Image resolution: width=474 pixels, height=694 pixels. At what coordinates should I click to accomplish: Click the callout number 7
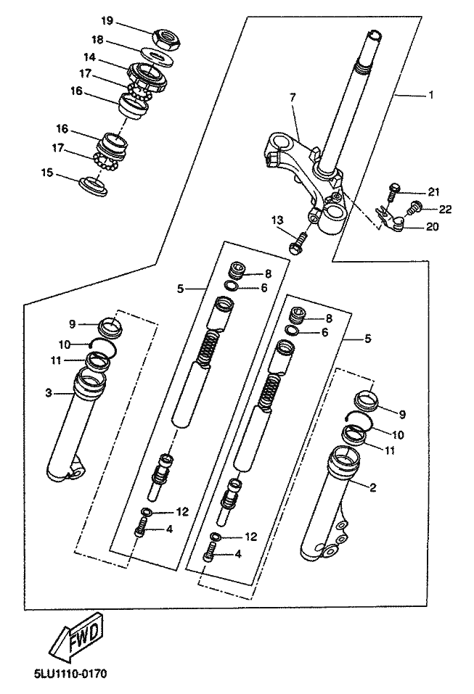[292, 96]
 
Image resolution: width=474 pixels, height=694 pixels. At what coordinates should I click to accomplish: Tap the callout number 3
[48, 393]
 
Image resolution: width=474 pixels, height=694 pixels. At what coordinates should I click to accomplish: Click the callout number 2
[373, 487]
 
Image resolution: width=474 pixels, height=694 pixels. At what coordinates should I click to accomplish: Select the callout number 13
[277, 220]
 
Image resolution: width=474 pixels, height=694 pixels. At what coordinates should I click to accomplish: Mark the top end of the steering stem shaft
[375, 35]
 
